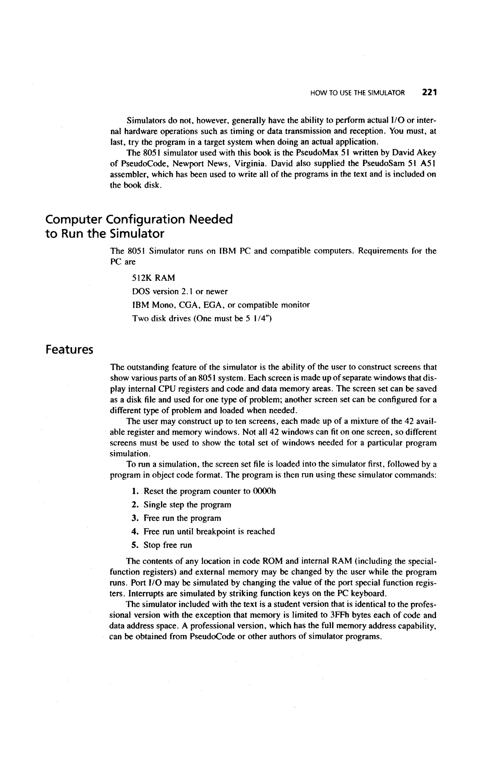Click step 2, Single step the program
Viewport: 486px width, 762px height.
click(x=187, y=505)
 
